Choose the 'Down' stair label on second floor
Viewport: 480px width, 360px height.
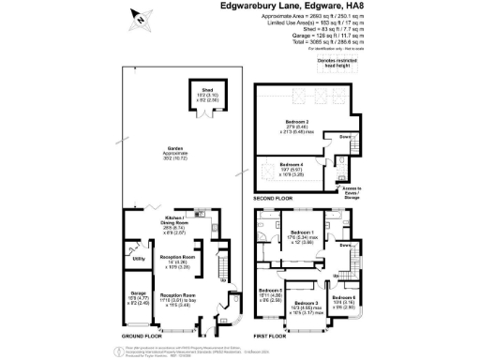click(345, 136)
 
